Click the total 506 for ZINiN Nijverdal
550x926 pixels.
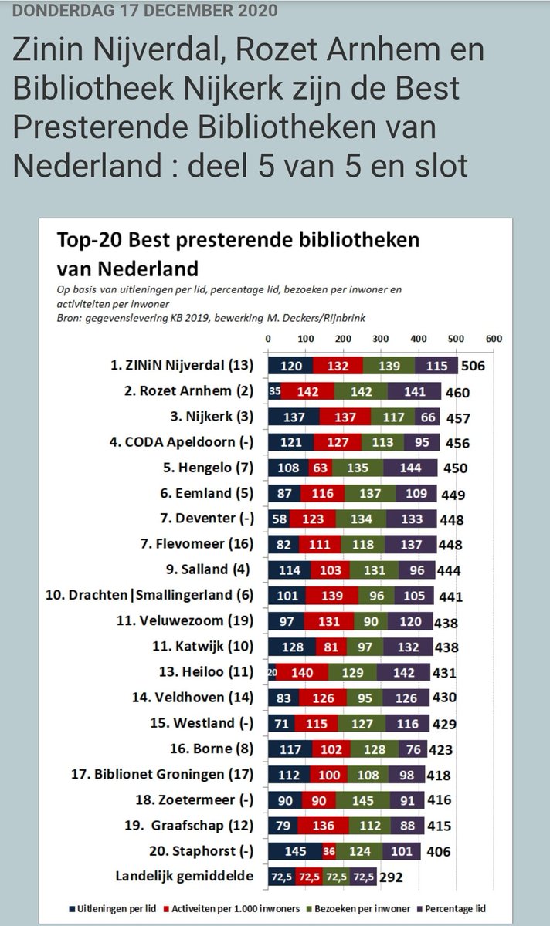click(x=472, y=366)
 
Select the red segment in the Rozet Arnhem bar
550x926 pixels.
click(x=307, y=392)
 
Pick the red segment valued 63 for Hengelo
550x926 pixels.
click(x=321, y=468)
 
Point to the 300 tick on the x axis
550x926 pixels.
click(x=381, y=339)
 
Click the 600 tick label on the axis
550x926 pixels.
click(x=494, y=339)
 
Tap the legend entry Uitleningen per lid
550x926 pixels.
click(x=121, y=908)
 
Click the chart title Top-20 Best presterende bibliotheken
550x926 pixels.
click(x=238, y=240)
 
